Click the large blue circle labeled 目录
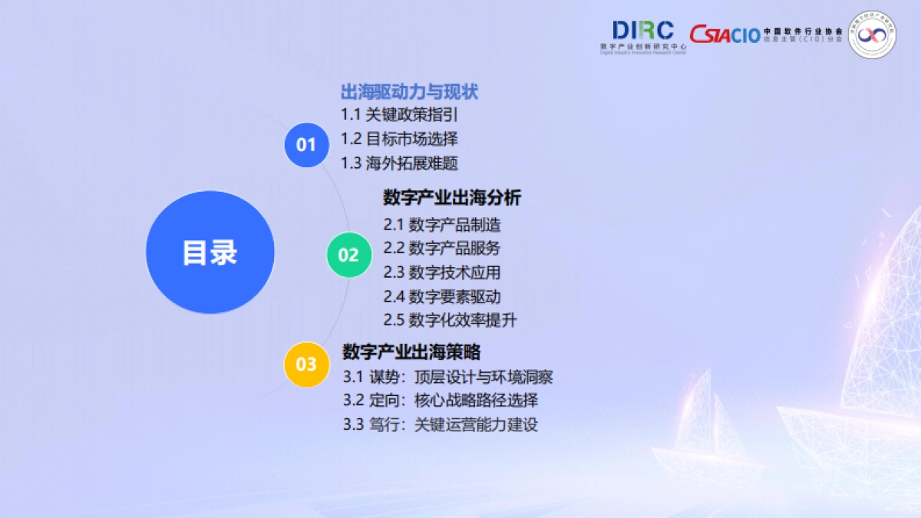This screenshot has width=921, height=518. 210,252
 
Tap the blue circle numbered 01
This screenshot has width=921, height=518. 306,144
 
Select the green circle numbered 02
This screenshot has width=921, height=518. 348,255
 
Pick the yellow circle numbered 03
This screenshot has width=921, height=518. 306,364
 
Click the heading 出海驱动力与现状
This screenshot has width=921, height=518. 409,92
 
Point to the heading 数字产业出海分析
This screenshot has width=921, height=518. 452,198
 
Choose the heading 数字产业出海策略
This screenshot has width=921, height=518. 411,352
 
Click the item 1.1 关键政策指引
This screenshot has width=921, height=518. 399,115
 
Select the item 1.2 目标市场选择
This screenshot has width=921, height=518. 399,139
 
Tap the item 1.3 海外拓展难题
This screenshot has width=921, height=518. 399,163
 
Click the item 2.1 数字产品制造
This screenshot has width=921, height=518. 442,225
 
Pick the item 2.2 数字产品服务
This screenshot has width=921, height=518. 442,248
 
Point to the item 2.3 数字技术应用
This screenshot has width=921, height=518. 442,272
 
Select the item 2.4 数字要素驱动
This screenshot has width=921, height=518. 442,296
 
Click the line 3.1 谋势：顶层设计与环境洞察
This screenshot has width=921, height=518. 447,377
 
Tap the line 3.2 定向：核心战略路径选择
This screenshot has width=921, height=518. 441,400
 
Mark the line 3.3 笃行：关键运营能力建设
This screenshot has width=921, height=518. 441,424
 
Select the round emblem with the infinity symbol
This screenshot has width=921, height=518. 872,35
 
